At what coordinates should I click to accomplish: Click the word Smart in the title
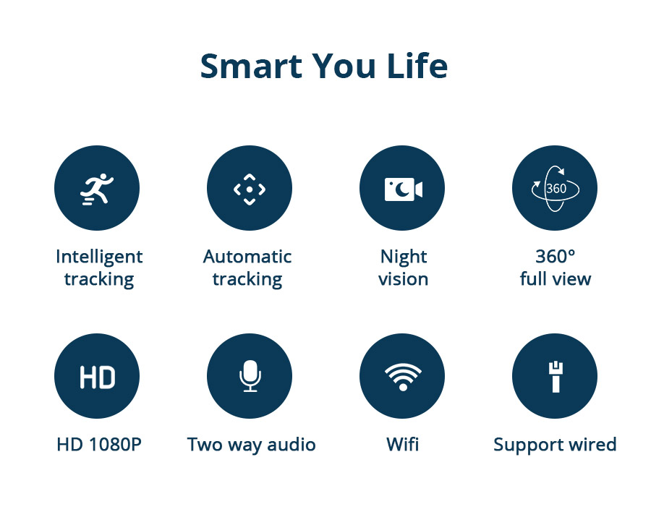251,66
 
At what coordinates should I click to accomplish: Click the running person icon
97,189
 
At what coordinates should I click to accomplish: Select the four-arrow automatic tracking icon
250,189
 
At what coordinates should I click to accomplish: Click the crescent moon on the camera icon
401,189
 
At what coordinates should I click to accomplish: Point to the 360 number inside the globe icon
556,189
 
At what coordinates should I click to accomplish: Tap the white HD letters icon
97,377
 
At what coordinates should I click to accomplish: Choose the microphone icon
250,376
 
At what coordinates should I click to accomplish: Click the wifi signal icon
403,377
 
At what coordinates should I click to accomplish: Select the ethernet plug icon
556,377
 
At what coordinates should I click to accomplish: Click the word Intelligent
99,257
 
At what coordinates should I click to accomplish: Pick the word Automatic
247,257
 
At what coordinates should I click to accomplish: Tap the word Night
404,257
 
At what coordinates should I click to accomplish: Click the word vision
403,278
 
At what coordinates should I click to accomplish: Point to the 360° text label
556,257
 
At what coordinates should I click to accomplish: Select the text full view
556,278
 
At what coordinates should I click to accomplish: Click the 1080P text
116,445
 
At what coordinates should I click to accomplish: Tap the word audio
292,445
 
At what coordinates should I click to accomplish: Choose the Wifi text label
403,444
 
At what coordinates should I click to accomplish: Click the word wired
592,444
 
